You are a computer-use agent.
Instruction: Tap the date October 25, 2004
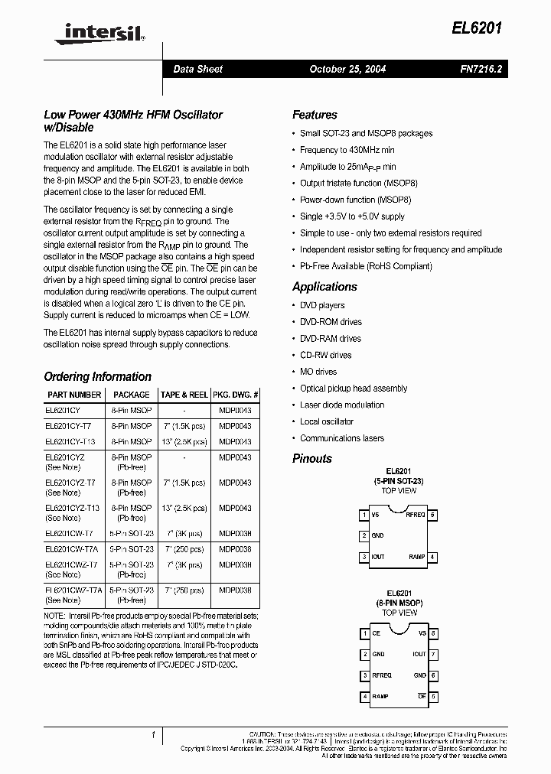[347, 69]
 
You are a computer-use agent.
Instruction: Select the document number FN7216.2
[481, 69]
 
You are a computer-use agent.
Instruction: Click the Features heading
[315, 115]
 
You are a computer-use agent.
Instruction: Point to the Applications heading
[324, 287]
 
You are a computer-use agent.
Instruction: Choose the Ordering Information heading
[97, 376]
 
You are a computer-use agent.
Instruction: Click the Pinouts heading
[312, 459]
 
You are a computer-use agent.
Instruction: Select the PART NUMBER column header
[74, 395]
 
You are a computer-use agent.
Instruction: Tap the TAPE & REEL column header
[184, 395]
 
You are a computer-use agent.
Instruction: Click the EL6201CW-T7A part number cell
[71, 549]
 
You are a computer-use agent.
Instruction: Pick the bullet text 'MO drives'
[318, 372]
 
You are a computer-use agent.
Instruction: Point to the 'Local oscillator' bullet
[327, 421]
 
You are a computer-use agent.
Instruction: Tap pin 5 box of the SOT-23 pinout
[433, 515]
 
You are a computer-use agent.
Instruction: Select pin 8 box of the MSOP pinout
[433, 633]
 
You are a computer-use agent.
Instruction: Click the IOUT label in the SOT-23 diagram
[378, 557]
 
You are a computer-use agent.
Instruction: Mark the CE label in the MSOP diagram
[376, 633]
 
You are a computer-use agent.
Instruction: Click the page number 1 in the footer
[154, 736]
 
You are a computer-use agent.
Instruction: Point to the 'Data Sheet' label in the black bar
[197, 69]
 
